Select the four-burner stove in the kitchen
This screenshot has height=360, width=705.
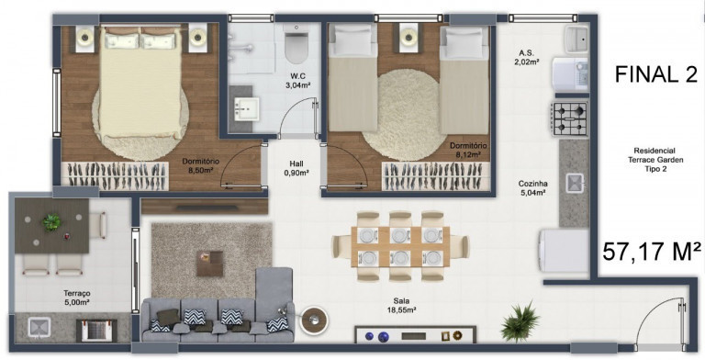(x=568, y=118)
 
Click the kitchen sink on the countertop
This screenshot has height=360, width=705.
(x=575, y=183)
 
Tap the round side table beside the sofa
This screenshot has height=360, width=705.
(x=319, y=321)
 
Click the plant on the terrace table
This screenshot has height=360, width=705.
(x=51, y=221)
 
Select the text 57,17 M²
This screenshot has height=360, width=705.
(x=652, y=251)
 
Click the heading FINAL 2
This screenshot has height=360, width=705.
(x=655, y=75)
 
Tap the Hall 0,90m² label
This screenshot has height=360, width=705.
(x=295, y=167)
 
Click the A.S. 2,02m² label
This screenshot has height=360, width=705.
(x=527, y=57)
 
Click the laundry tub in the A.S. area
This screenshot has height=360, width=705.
(x=576, y=38)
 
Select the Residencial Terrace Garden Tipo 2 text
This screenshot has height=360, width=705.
(x=655, y=161)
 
